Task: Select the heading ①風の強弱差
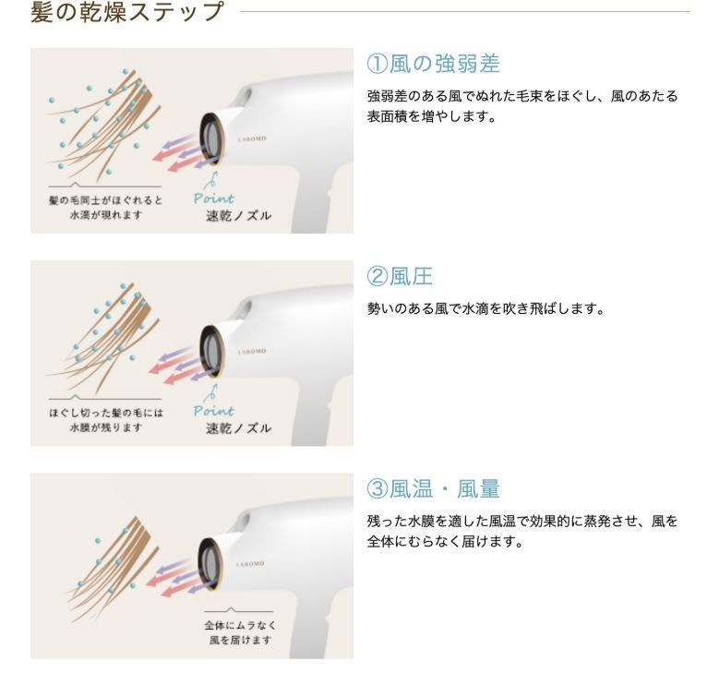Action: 433,64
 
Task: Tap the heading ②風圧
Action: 400,276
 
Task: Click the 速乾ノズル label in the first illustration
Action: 238,216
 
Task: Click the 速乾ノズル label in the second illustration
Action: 238,428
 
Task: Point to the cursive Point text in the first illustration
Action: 214,198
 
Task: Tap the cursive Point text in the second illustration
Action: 214,410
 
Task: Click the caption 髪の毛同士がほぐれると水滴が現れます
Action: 106,207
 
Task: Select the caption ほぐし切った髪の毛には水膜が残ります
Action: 106,419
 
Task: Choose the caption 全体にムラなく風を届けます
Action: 240,632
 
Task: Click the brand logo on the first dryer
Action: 252,137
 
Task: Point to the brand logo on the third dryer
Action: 252,561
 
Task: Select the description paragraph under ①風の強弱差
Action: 522,106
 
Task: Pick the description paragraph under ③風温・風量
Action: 522,531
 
